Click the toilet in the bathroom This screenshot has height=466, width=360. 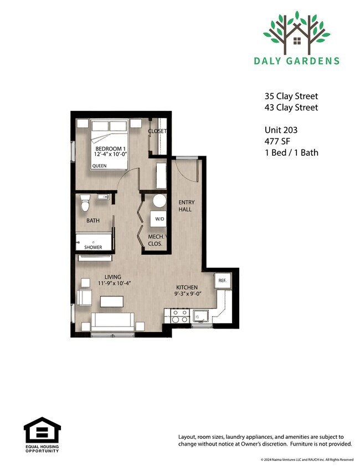click(x=85, y=203)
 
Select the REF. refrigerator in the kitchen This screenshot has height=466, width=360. click(x=223, y=280)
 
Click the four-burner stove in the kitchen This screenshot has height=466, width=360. click(x=181, y=316)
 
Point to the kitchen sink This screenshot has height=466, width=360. click(x=202, y=316)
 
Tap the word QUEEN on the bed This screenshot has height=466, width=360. click(x=99, y=166)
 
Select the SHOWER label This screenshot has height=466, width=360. click(x=93, y=247)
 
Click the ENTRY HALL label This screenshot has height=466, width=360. click(x=186, y=206)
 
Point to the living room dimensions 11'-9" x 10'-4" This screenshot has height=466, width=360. click(x=114, y=284)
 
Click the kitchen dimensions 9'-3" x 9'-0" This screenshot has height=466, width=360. click(x=188, y=294)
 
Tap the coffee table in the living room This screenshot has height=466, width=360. click(x=112, y=301)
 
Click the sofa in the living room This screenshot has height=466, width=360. click(x=112, y=322)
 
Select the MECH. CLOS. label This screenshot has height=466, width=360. click(x=156, y=240)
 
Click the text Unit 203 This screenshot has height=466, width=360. click(x=281, y=130)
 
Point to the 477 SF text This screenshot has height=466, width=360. click(x=277, y=141)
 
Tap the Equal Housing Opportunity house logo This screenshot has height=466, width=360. click(x=42, y=431)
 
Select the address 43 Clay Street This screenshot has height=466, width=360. click(x=291, y=107)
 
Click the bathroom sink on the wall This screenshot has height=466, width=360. click(x=104, y=197)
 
